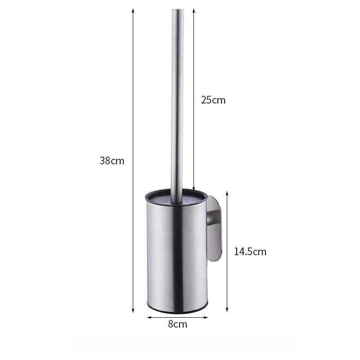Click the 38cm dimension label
[112, 160]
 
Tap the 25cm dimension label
[213, 100]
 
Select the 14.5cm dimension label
[250, 252]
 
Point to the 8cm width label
[177, 324]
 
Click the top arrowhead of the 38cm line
[133, 10]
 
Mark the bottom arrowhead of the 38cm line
[133, 310]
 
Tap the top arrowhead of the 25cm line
[193, 10]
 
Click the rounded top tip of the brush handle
[177, 9]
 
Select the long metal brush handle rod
[177, 99]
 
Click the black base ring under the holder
[177, 311]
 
